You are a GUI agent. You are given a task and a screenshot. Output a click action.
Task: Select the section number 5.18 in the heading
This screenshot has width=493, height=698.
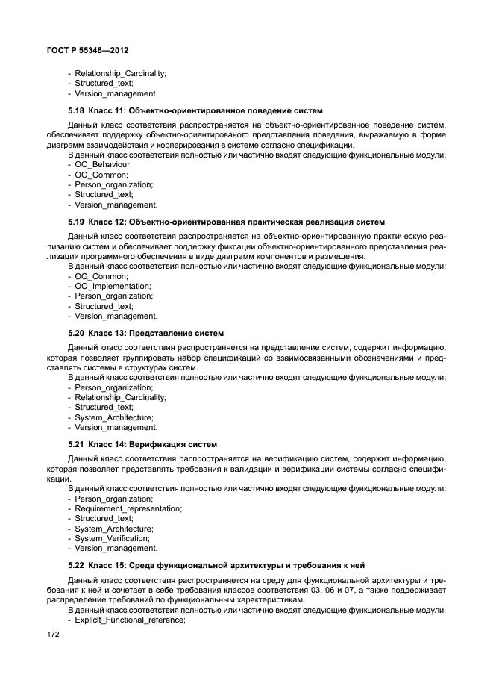[77, 110]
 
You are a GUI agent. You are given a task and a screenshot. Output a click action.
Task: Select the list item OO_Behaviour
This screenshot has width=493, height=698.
[104, 164]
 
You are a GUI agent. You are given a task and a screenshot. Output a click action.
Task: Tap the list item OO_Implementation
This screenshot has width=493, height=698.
[113, 286]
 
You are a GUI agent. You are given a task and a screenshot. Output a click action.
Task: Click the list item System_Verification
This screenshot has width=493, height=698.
[112, 538]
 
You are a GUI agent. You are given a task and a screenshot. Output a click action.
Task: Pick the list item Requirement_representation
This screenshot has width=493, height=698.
[128, 508]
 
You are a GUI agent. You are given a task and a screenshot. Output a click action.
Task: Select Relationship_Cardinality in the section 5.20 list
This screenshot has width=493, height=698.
[120, 398]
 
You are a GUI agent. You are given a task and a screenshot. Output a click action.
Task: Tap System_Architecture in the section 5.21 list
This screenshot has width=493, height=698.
[114, 529]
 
